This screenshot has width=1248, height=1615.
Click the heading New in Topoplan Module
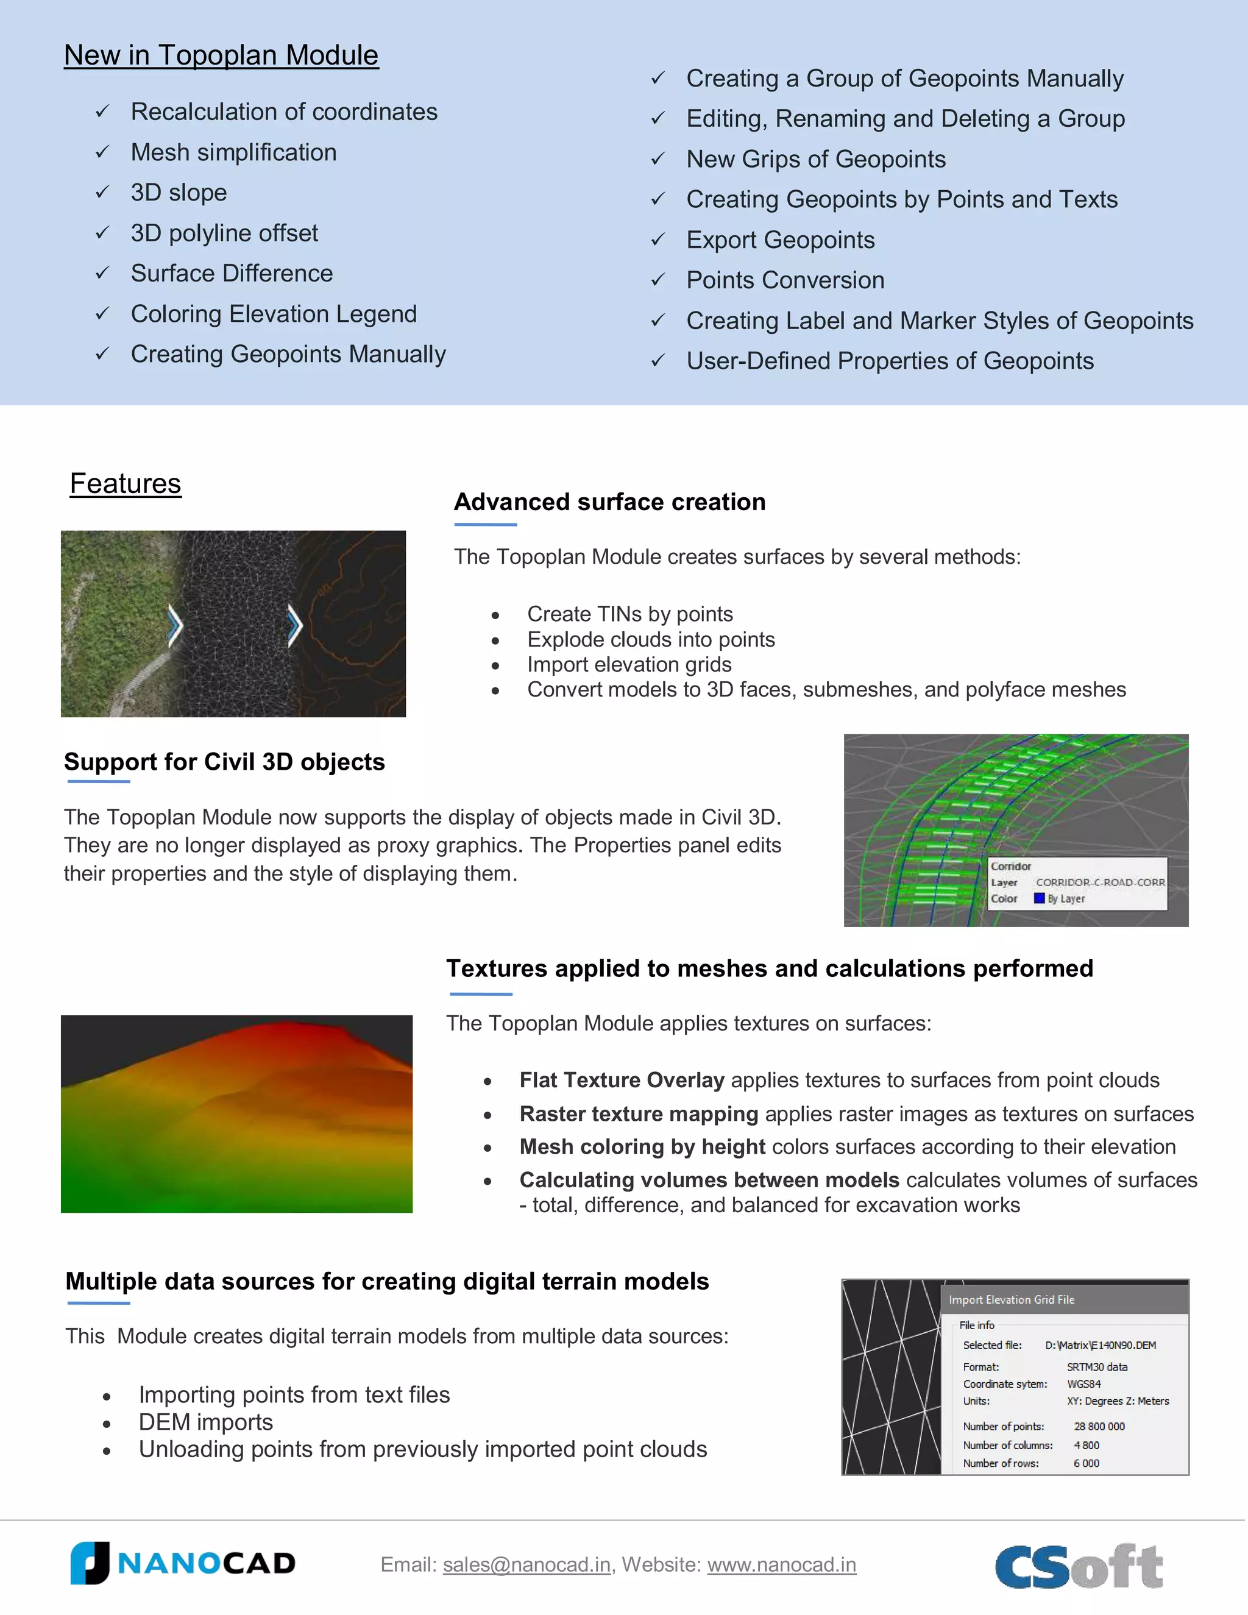click(221, 55)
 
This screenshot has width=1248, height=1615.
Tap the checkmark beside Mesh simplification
click(103, 152)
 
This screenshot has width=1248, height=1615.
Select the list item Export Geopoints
click(780, 240)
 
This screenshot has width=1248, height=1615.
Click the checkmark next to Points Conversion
click(658, 280)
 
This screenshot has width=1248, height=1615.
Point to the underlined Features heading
click(125, 484)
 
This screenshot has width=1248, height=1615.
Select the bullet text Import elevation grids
click(629, 664)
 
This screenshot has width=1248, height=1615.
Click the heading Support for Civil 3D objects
click(224, 762)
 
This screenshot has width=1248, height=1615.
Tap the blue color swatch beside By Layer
click(1039, 898)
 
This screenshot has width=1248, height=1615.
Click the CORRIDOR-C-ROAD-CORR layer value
click(1100, 882)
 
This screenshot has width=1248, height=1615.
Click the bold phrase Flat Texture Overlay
click(622, 1081)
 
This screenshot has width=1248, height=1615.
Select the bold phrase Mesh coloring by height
click(642, 1147)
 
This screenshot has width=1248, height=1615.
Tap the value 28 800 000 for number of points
click(1099, 1427)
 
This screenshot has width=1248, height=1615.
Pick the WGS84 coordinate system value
click(1084, 1383)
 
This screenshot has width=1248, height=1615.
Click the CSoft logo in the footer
click(1079, 1566)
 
